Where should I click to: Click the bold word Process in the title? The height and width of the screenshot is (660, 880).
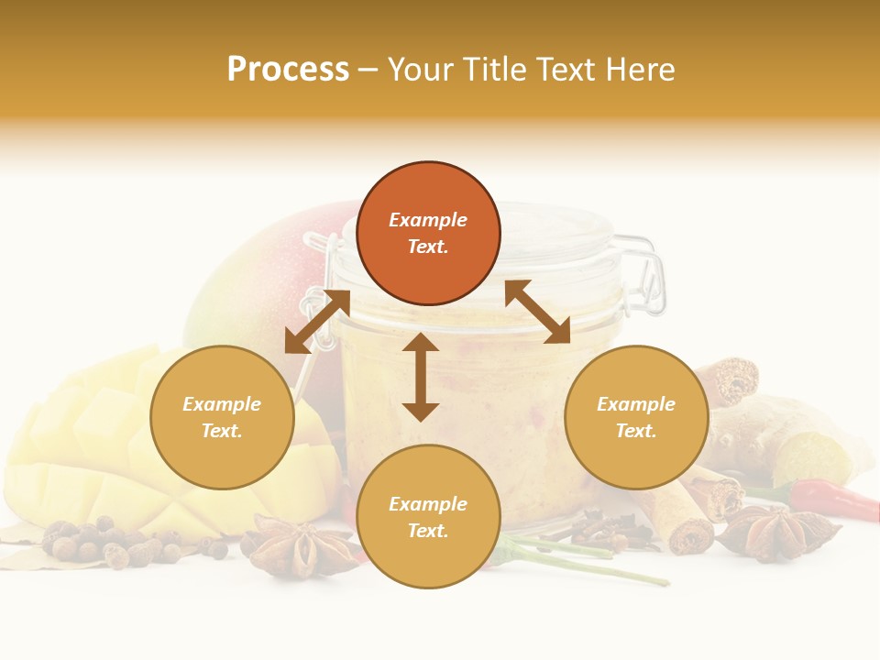288,70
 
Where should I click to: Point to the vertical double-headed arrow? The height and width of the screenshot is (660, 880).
421,377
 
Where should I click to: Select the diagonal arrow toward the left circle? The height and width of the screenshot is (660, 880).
317,322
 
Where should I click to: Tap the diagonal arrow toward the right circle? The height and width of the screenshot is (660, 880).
537,312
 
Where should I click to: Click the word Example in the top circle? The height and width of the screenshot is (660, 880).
428,220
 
